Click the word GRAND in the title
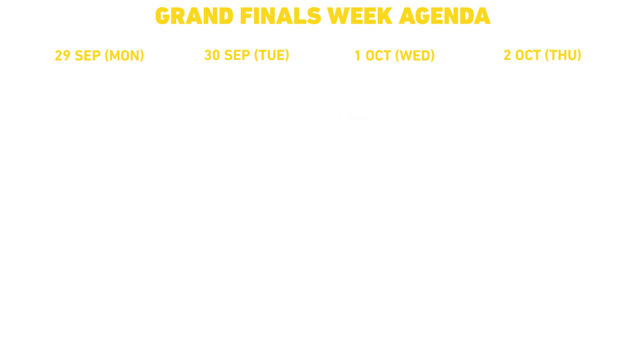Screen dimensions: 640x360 point(194,16)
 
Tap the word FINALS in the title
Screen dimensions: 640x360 point(281,16)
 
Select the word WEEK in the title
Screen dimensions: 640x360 point(359,16)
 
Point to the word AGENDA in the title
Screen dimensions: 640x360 point(444,16)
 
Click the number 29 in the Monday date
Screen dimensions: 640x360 point(62,56)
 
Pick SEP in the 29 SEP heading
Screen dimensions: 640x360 point(87,56)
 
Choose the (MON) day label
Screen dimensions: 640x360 point(124,56)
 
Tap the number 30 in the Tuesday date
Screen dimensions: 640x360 point(212,55)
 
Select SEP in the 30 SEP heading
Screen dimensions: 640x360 point(237,55)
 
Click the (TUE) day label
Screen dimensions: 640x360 point(272,55)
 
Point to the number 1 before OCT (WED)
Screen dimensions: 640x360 point(357,56)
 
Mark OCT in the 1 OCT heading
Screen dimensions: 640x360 point(378,56)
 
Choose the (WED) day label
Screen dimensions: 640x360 point(415,56)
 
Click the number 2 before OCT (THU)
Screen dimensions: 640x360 point(507,55)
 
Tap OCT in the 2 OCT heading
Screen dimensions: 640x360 point(528,55)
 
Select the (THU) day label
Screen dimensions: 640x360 point(563,55)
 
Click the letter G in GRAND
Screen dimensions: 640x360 point(162,16)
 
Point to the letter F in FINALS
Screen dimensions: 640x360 point(246,16)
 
